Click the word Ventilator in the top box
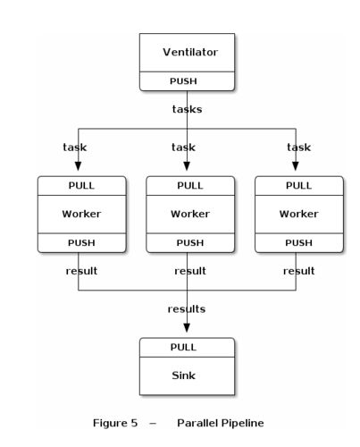tap(190, 52)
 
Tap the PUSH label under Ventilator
tap(183, 81)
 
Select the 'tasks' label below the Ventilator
tap(187, 109)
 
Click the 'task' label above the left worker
tap(75, 147)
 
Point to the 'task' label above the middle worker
tap(183, 147)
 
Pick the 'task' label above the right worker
tap(298, 147)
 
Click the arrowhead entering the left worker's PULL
tap(78, 166)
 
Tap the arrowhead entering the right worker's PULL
tap(296, 166)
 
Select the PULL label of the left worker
tap(81, 185)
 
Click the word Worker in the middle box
tap(190, 214)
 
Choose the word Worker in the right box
tap(298, 214)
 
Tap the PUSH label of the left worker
tap(81, 242)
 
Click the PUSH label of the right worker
tap(298, 242)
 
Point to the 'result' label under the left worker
tap(81, 271)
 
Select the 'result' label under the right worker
tap(298, 271)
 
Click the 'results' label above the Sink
tap(187, 308)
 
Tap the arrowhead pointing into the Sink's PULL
tap(187, 328)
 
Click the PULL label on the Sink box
tap(183, 347)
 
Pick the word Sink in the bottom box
tap(183, 375)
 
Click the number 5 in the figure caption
tap(134, 423)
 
